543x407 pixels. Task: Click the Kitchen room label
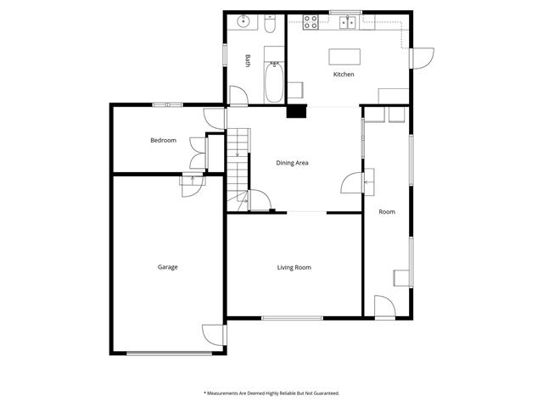pos(344,75)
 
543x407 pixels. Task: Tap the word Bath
pos(248,60)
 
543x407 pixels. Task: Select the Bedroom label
pos(163,140)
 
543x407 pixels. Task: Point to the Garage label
pos(168,267)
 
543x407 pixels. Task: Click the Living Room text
pos(294,267)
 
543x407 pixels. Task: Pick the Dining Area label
pos(292,163)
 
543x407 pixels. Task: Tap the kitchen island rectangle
pos(344,57)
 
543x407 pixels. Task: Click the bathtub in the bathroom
pos(274,81)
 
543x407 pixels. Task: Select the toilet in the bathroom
pos(270,24)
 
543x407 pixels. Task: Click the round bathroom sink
pos(244,21)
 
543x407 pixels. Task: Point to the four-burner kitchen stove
pos(311,22)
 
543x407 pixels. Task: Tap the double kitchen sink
pos(347,23)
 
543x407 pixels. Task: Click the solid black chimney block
pos(296,111)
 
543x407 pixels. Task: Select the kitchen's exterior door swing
pos(423,59)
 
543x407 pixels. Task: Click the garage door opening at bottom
pos(169,354)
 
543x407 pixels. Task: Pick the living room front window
pos(292,318)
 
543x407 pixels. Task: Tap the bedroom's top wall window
pos(168,104)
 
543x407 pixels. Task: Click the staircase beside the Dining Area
pos(238,170)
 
